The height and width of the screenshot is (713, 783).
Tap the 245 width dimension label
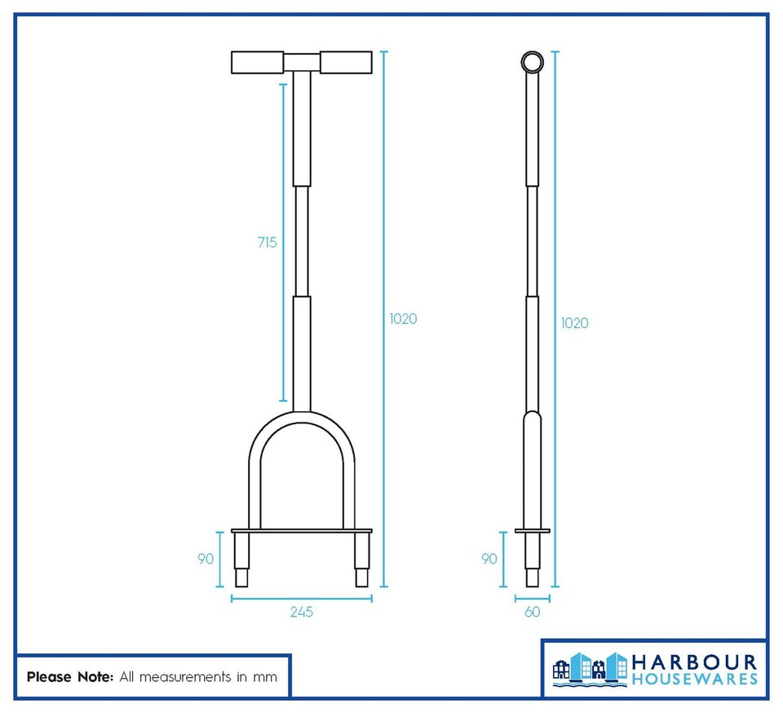301,612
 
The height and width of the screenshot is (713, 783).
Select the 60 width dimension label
532,612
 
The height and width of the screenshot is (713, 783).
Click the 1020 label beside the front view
403,319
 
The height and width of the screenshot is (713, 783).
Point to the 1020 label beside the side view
574,323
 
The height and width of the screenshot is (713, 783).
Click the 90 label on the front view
206,559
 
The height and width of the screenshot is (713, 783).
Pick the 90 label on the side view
489,559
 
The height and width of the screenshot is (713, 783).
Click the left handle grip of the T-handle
258,62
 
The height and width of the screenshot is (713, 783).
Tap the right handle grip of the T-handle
346,62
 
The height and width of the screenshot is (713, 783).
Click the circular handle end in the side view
532,62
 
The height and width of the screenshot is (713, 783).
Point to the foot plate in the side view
532,531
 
